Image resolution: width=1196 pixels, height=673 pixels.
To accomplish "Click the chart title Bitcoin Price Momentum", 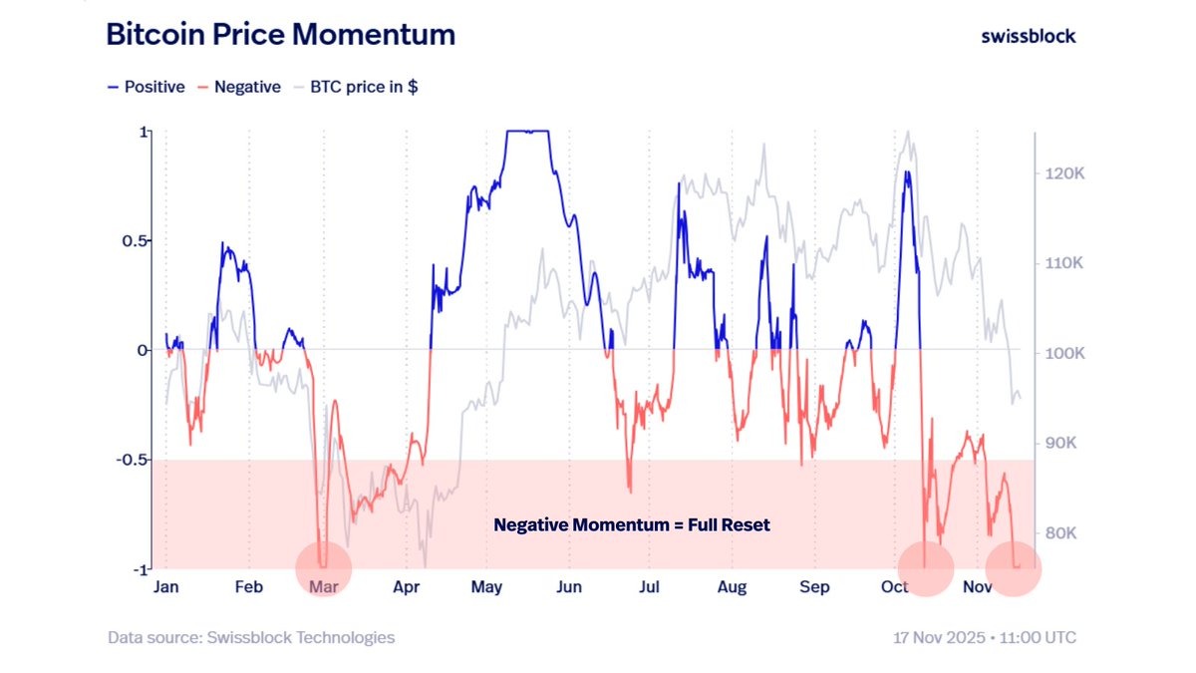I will click(280, 35).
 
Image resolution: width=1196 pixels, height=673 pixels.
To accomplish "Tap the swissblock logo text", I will click(1028, 36).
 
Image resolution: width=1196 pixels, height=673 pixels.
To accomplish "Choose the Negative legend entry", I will click(239, 87).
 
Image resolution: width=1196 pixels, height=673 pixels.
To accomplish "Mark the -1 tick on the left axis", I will click(141, 568).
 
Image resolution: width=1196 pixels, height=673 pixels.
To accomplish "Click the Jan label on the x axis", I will click(165, 588).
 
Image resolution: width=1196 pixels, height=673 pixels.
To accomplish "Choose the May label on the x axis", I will click(485, 588).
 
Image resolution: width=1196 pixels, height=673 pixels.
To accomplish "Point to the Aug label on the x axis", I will click(732, 588).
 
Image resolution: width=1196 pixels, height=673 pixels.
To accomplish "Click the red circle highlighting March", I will click(324, 569).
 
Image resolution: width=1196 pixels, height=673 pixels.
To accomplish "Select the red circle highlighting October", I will click(926, 568).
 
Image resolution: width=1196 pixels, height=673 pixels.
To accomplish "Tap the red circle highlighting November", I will click(1013, 568).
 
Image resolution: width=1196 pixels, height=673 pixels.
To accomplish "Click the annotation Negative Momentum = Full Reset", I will click(632, 524).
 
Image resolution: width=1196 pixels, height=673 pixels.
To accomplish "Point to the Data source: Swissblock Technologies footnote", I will click(251, 637).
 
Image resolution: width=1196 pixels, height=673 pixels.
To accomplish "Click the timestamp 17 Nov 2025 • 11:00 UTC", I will click(984, 637).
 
